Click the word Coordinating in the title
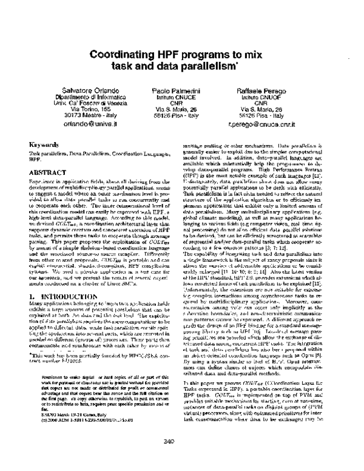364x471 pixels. coord(122,53)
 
